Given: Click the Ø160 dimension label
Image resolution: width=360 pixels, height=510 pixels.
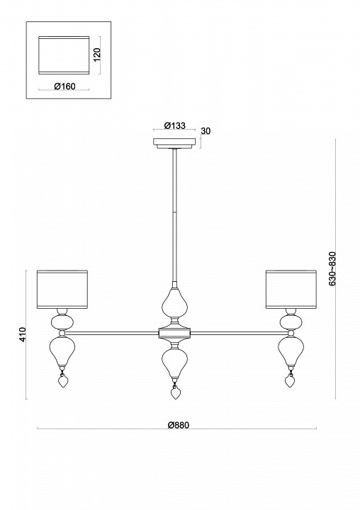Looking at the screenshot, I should coord(65,87).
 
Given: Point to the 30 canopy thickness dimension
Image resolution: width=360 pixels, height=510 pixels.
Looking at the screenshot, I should coord(207,131).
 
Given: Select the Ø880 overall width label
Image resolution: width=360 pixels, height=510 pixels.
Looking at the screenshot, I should coord(179,425).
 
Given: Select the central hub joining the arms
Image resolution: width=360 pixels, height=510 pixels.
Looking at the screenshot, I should coord(174,331).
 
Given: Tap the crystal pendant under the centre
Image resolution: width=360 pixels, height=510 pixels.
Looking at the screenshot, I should coord(174,392).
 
